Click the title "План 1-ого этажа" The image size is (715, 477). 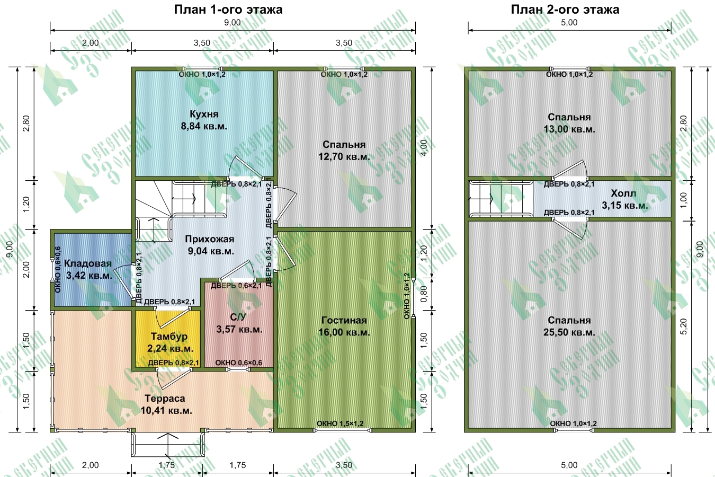[x=228, y=10]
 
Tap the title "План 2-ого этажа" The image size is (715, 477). [x=565, y=10]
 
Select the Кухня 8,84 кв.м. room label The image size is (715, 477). [x=204, y=120]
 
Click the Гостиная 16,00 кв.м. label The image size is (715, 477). [x=344, y=326]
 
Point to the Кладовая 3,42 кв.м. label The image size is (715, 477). [x=88, y=269]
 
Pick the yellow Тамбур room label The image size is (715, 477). [x=170, y=342]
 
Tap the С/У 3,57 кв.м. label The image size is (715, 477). [x=239, y=323]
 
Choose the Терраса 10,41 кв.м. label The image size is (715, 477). [x=166, y=404]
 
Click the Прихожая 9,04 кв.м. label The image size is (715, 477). [x=210, y=245]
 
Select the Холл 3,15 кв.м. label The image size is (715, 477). [x=624, y=199]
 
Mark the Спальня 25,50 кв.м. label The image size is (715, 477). [x=569, y=326]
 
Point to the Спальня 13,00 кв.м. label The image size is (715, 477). [x=569, y=123]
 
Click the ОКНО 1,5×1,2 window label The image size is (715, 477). [x=340, y=423]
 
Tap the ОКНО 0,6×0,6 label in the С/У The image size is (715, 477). [x=239, y=363]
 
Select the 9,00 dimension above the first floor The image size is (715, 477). [x=233, y=23]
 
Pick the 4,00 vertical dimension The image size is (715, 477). [x=424, y=148]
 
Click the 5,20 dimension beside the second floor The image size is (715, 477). [x=684, y=326]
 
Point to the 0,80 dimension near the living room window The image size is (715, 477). [x=424, y=294]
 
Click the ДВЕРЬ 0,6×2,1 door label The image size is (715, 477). [x=236, y=286]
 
